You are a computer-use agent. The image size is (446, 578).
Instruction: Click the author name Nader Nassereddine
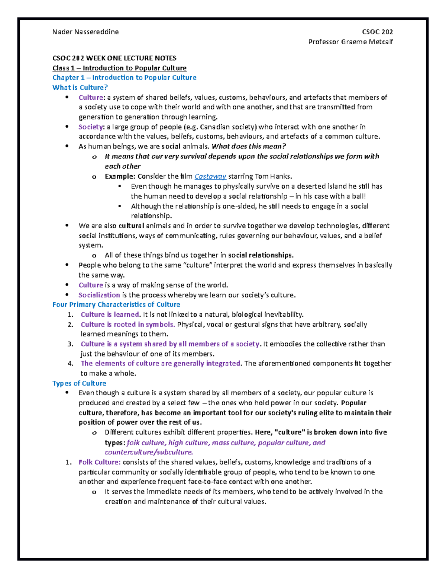pos(85,32)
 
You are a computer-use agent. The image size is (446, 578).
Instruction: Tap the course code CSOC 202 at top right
pos(377,32)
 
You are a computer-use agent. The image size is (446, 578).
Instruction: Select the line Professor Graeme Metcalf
pos(350,42)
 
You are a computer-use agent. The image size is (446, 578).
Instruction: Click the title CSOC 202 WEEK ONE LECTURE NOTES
pos(114,58)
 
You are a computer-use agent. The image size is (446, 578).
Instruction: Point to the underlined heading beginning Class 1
pos(119,68)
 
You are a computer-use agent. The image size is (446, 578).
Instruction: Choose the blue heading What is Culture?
pos(80,87)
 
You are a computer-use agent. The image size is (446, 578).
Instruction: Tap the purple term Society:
pos(91,127)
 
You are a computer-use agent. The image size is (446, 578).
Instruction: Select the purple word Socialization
pos(99,295)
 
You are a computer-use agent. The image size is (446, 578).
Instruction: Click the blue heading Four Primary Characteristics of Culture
pos(116,304)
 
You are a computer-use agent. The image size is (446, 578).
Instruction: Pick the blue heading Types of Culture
pos(79,383)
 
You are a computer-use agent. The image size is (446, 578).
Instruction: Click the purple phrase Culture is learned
pos(110,314)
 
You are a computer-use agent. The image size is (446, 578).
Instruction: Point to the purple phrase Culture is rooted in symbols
pos(128,325)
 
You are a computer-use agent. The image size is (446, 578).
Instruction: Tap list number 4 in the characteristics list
pos(71,364)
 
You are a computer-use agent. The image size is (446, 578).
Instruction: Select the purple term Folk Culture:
pos(99,462)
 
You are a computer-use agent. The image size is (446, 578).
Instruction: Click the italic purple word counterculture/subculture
pos(149,453)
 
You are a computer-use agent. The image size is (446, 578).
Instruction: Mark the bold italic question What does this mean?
pos(249,146)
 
